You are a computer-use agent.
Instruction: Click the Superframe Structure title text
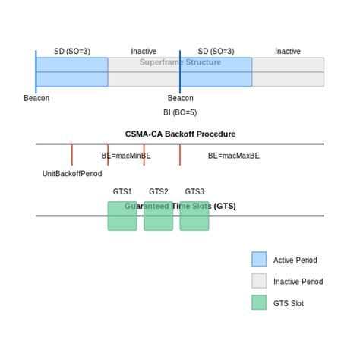coord(180,62)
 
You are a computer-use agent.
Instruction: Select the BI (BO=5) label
coord(180,112)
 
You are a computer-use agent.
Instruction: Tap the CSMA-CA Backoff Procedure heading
coord(180,134)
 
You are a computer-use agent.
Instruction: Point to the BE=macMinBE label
coord(126,156)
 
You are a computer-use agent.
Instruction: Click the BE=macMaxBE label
coord(234,156)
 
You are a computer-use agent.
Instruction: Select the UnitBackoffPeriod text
coord(72,174)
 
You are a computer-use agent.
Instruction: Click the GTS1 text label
coord(122,192)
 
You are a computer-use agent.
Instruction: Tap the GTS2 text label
coord(159,192)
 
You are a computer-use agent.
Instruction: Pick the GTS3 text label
coord(194,192)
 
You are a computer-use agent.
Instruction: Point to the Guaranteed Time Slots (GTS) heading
coord(180,206)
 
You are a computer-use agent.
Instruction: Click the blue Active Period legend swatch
coord(259,260)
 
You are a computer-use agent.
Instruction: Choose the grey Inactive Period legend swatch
coord(259,281)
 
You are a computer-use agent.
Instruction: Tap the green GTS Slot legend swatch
coord(259,302)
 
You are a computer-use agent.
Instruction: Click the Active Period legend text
coord(295,261)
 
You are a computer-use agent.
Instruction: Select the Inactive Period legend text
coord(298,282)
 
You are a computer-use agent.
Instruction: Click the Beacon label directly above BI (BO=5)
coord(180,98)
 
